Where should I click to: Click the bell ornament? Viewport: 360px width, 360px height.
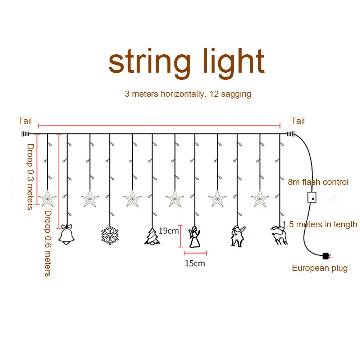[67, 236]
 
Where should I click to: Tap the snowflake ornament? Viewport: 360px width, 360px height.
[110, 235]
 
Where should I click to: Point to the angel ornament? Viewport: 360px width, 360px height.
[195, 237]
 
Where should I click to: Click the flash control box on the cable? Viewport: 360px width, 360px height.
[312, 197]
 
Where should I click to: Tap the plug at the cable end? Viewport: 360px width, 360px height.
[327, 256]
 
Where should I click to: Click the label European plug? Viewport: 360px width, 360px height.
[320, 268]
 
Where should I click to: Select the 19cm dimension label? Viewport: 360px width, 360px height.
[169, 231]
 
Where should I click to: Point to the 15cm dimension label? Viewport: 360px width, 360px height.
[195, 263]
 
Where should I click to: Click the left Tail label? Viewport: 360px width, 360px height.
[25, 121]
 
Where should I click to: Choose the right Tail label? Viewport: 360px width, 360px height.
[298, 121]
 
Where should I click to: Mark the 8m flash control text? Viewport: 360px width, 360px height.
[318, 182]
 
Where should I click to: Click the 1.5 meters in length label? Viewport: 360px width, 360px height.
[320, 224]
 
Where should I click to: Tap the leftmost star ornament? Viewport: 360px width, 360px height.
[47, 199]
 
